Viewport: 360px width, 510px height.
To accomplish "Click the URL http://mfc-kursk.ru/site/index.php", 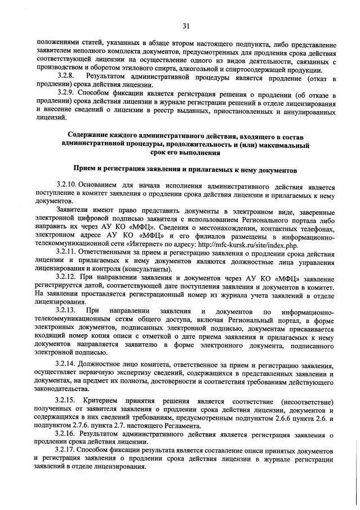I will pyautogui.click(x=248, y=239).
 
